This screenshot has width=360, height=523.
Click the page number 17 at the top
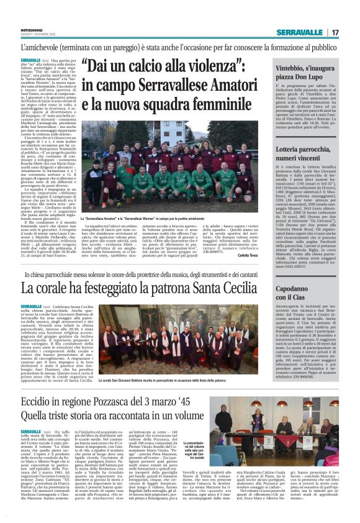coord(335,32)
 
